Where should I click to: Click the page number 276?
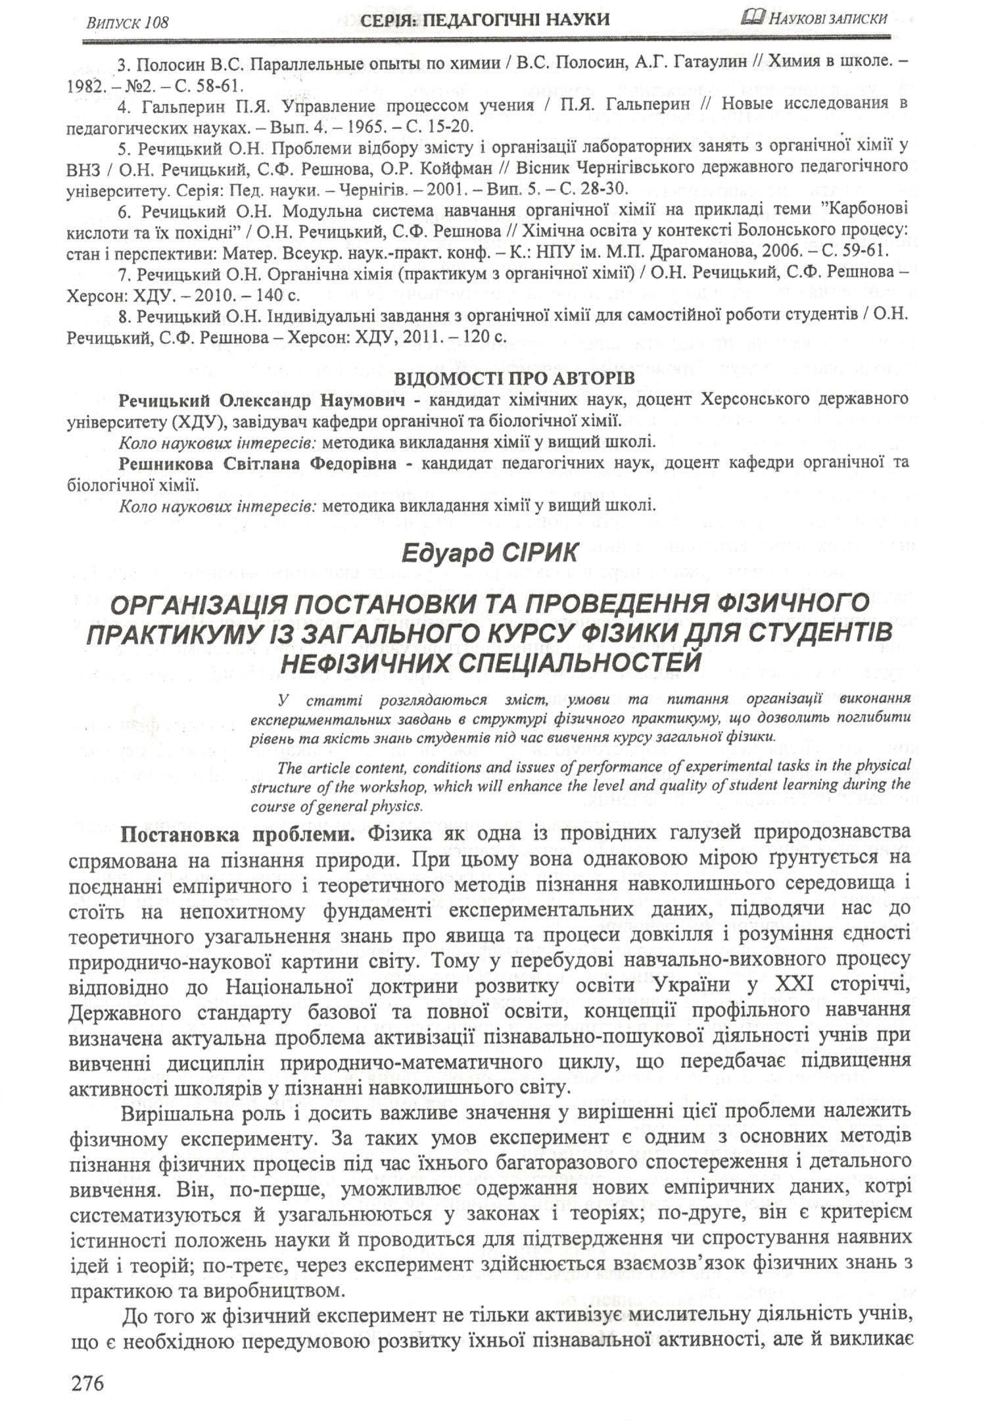tap(86, 1364)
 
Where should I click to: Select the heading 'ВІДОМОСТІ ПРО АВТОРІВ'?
tap(514, 379)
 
